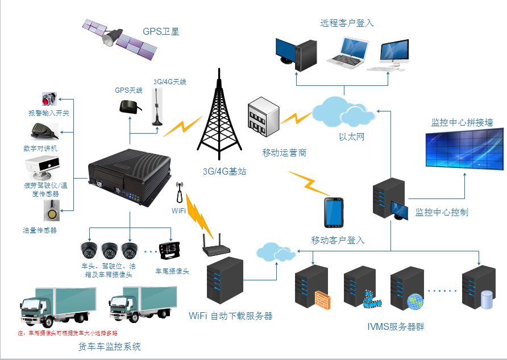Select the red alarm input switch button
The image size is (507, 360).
pyautogui.click(x=48, y=98)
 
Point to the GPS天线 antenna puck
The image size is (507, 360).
pyautogui.click(x=128, y=106)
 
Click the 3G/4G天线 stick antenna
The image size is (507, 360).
pyautogui.click(x=156, y=108)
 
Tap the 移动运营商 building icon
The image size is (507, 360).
pyautogui.click(x=263, y=117)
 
